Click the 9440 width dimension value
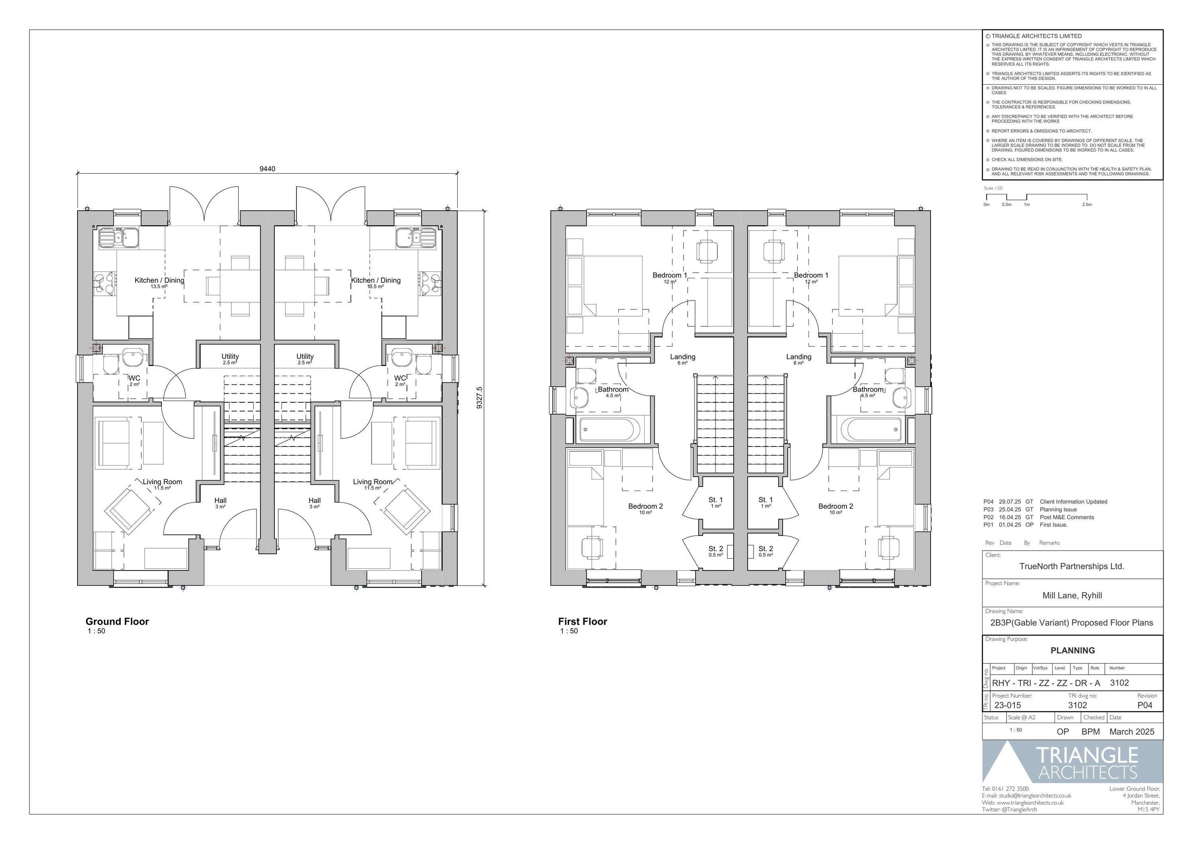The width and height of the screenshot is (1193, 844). (x=267, y=169)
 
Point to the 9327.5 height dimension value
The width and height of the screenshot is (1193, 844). (x=479, y=398)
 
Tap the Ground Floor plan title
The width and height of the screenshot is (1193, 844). (x=117, y=621)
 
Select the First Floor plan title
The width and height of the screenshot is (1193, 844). (x=582, y=621)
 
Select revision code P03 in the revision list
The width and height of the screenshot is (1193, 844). (x=988, y=509)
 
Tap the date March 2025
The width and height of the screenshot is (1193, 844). (x=1132, y=732)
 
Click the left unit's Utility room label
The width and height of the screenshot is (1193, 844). (x=230, y=357)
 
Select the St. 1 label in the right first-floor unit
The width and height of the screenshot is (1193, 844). (x=766, y=500)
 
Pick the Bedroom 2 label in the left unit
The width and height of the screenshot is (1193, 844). (x=646, y=506)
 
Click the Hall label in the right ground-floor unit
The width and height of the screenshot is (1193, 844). (x=315, y=501)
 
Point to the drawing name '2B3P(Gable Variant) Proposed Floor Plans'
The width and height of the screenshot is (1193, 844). (x=1072, y=623)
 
